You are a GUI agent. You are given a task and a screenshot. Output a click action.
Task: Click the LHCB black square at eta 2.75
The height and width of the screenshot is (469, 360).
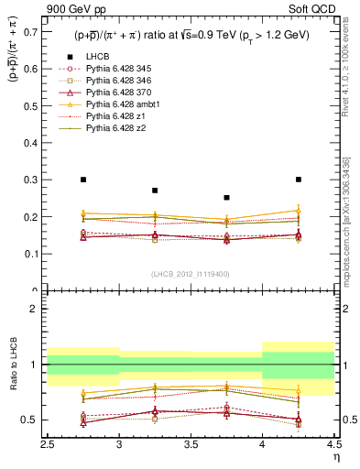[x=83, y=180]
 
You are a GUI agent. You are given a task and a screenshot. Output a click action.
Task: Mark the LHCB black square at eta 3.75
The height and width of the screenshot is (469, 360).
[x=226, y=197]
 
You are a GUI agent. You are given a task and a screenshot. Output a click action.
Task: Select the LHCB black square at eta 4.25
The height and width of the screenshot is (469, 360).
[x=298, y=180]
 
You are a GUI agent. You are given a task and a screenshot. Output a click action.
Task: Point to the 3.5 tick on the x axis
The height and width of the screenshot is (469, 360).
[x=191, y=437]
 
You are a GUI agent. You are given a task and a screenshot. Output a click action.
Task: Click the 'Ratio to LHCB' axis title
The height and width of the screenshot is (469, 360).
[x=13, y=364]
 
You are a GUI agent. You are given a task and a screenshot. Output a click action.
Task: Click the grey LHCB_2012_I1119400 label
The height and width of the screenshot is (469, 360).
[x=191, y=274]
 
